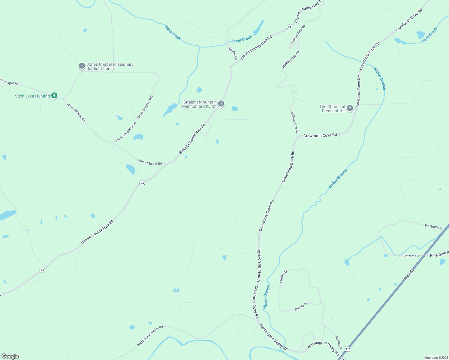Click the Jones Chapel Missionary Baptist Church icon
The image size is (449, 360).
(82, 66)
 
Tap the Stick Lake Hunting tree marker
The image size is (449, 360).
(54, 96)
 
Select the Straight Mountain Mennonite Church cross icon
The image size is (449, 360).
(221, 104)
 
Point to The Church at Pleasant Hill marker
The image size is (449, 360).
(350, 108)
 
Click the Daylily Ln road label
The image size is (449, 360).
(233, 53)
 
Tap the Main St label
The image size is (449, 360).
(409, 274)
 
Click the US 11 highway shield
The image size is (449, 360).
(347, 349)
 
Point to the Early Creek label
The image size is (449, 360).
(430, 35)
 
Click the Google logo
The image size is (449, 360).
(10, 356)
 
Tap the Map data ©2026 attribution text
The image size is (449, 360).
(435, 358)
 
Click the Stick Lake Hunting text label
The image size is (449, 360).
(32, 96)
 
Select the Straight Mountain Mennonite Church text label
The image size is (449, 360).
(200, 104)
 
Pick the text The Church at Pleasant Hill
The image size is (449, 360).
(332, 109)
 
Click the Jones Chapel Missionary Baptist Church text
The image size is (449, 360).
(110, 66)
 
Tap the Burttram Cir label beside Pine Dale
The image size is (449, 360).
(410, 256)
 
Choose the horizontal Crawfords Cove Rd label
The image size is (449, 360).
(320, 136)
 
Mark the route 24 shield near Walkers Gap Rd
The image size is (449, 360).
(289, 27)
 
